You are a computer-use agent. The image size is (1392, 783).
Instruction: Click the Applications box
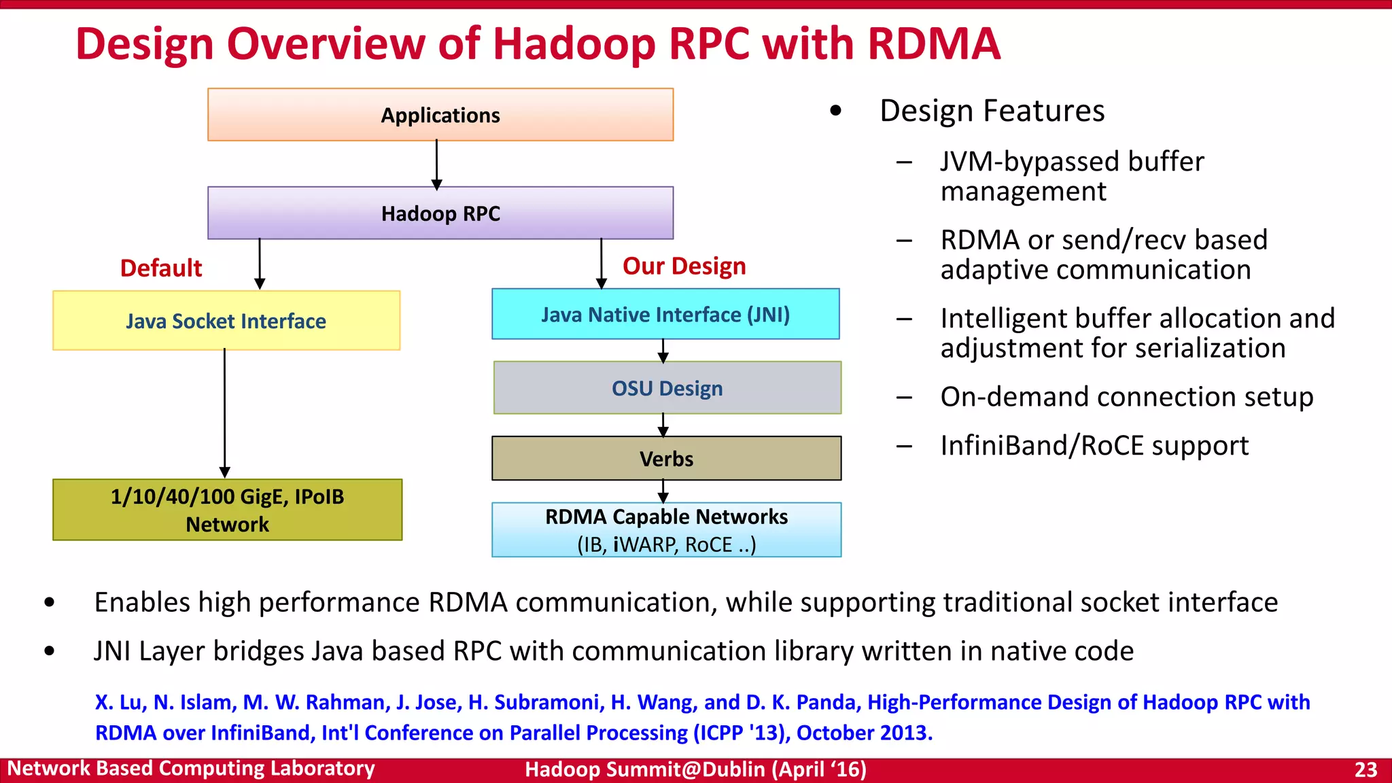pyautogui.click(x=440, y=115)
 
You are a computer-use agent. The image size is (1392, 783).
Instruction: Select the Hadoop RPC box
pyautogui.click(x=440, y=213)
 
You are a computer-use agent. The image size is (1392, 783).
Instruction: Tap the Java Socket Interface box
pyautogui.click(x=226, y=321)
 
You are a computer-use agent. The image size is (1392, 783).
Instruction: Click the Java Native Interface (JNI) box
pyautogui.click(x=665, y=315)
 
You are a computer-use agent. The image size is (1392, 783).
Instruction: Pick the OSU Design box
pyautogui.click(x=667, y=388)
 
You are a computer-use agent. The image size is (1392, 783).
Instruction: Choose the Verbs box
pyautogui.click(x=666, y=459)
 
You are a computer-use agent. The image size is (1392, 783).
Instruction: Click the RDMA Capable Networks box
pyautogui.click(x=666, y=530)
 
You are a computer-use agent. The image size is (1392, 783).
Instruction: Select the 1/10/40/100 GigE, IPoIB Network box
pyautogui.click(x=227, y=510)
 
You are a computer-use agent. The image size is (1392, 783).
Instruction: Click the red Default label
pyautogui.click(x=161, y=268)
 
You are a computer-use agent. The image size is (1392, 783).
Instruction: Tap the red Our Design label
pyautogui.click(x=684, y=266)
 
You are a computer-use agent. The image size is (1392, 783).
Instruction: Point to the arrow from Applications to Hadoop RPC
pyautogui.click(x=436, y=164)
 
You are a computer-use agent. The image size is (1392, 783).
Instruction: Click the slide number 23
pyautogui.click(x=1365, y=769)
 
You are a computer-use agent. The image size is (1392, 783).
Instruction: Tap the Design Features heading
pyautogui.click(x=992, y=111)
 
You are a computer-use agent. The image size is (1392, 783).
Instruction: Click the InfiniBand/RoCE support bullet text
pyautogui.click(x=1094, y=446)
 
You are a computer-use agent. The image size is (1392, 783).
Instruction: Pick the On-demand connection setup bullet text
pyautogui.click(x=1126, y=397)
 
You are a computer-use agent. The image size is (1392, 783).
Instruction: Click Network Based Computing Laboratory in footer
pyautogui.click(x=191, y=769)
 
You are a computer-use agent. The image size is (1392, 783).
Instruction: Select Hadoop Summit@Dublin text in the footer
pyautogui.click(x=646, y=769)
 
